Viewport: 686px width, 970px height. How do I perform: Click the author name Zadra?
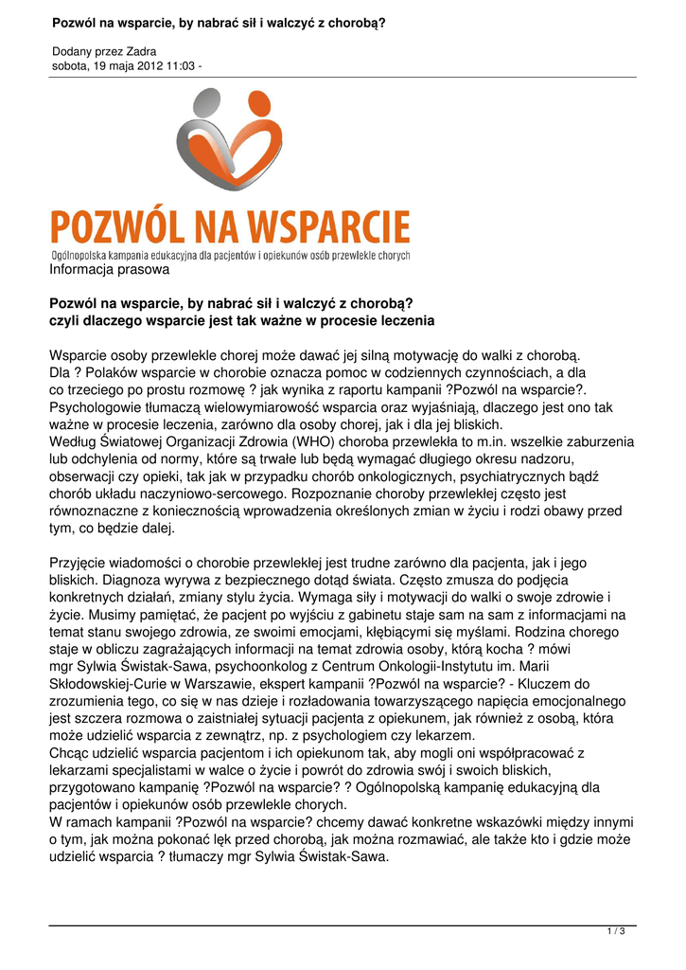pos(141,51)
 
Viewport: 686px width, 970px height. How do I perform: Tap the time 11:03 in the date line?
pos(174,65)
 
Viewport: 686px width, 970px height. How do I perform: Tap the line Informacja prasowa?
pos(109,270)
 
